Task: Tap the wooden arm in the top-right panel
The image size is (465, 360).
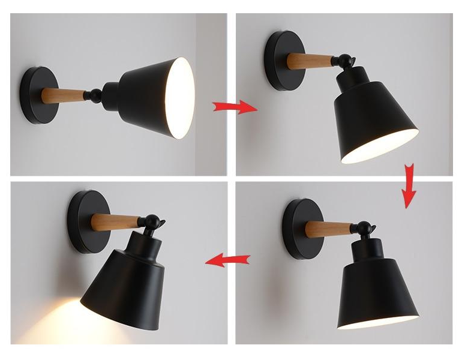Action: pyautogui.click(x=310, y=60)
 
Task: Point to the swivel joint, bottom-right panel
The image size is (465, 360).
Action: pyautogui.click(x=364, y=228)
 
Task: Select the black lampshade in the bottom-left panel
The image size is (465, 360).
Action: pyautogui.click(x=129, y=279)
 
